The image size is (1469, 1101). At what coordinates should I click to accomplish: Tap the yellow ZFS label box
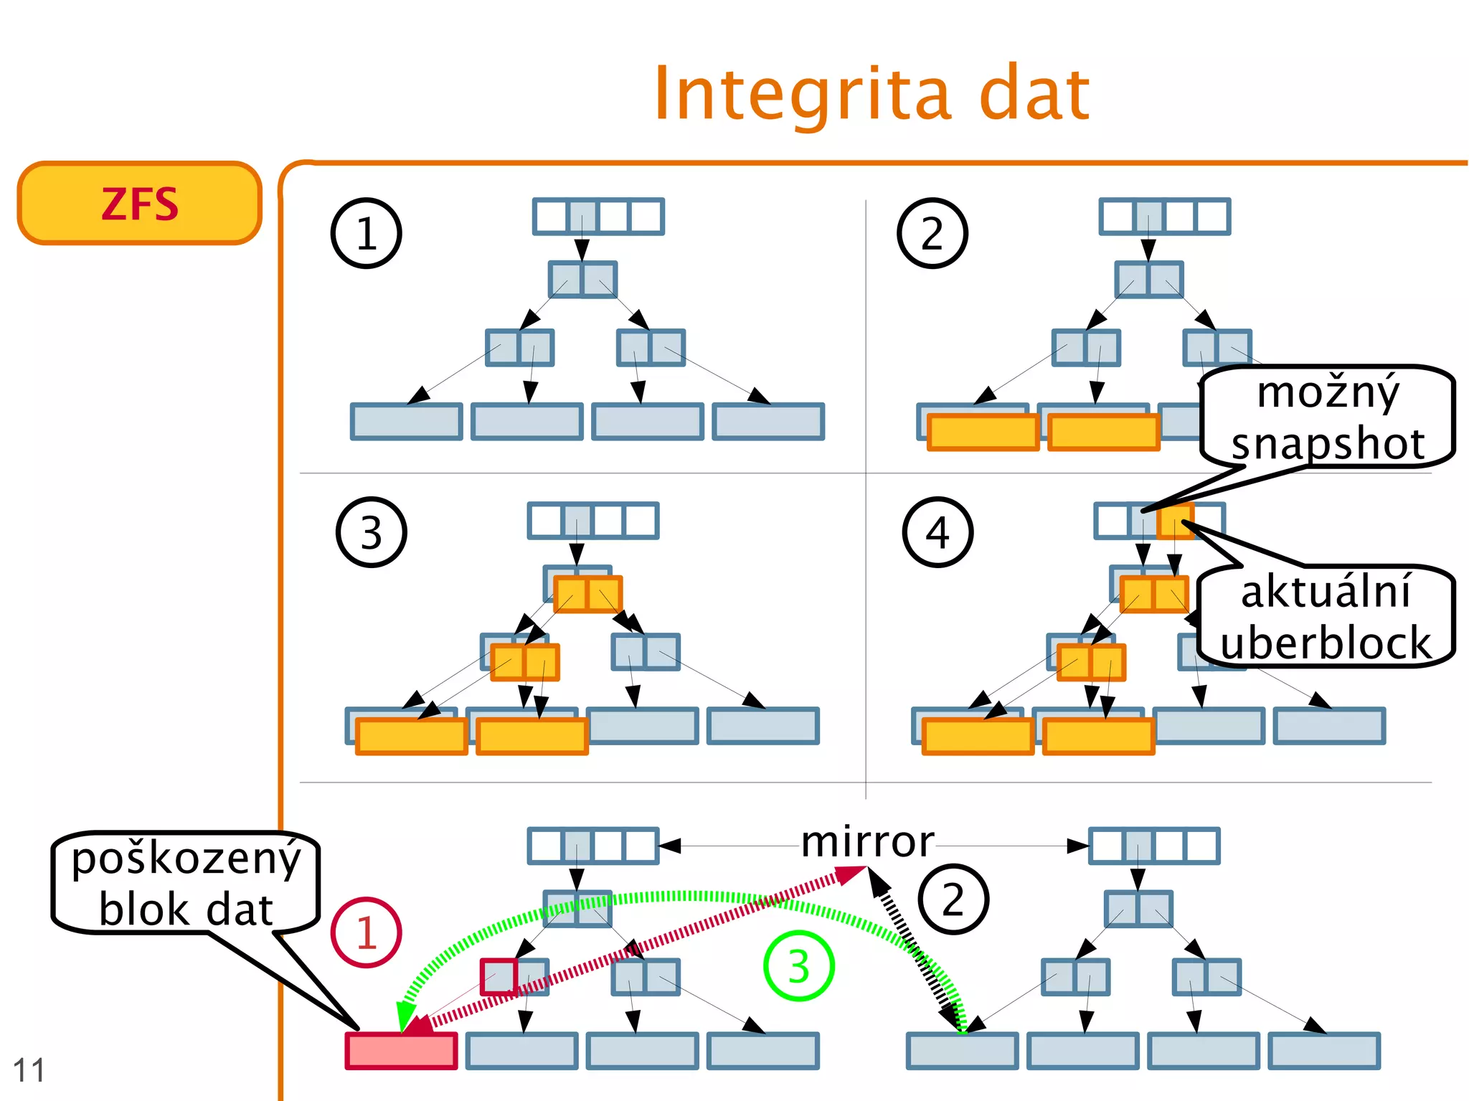(x=140, y=204)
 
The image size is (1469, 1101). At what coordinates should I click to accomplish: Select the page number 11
(x=29, y=1070)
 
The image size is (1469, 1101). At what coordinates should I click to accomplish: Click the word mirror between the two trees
(x=867, y=842)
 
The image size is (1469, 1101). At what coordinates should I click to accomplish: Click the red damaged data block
(x=402, y=1051)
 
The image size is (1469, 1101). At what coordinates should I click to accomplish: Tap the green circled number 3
(x=798, y=966)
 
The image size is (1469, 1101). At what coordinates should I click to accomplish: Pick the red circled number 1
(x=366, y=932)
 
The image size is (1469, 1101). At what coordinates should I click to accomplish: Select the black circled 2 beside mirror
(x=953, y=899)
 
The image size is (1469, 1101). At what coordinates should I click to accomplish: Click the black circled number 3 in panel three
(x=371, y=533)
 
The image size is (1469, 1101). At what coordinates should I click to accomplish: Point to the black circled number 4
(x=937, y=533)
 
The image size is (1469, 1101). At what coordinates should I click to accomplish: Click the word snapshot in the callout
(x=1328, y=444)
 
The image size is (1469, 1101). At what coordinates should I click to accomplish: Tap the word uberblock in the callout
(x=1326, y=642)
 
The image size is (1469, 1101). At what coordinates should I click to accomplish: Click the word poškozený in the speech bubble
(x=186, y=859)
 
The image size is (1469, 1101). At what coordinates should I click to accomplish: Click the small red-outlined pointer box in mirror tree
(x=499, y=977)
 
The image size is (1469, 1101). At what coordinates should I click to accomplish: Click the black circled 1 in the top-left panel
(x=366, y=234)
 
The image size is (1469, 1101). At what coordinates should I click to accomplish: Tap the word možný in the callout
(x=1328, y=392)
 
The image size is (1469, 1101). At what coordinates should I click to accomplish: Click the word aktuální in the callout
(x=1326, y=592)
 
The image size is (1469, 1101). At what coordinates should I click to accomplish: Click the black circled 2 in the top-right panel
(x=932, y=234)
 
